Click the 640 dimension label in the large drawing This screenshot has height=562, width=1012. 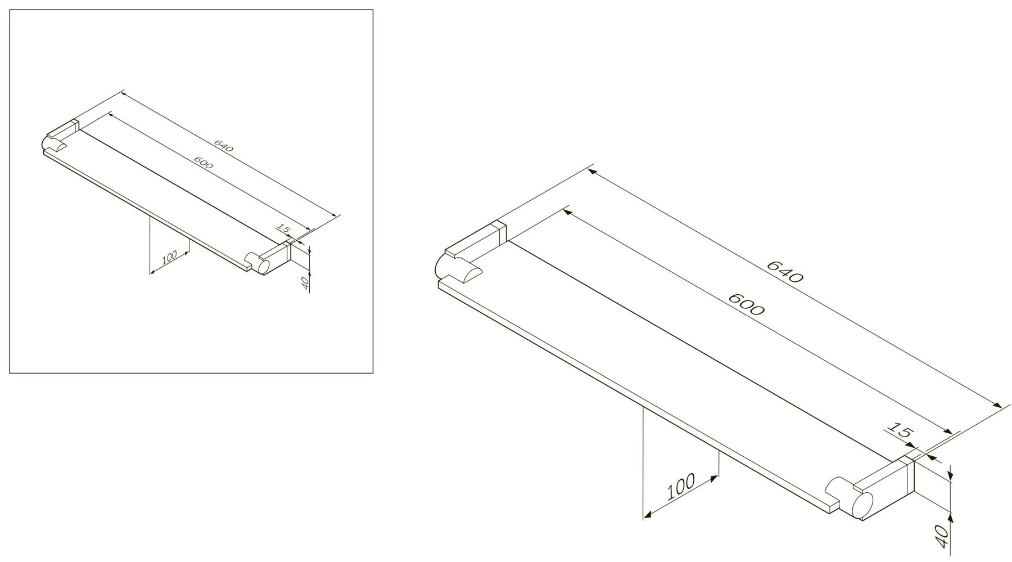[x=785, y=271]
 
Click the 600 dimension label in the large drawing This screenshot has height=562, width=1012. [x=746, y=304]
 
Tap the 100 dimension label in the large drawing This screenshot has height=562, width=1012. [x=681, y=487]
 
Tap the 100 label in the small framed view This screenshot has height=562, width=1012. [x=169, y=257]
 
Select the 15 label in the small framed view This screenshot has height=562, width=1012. [x=283, y=228]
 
